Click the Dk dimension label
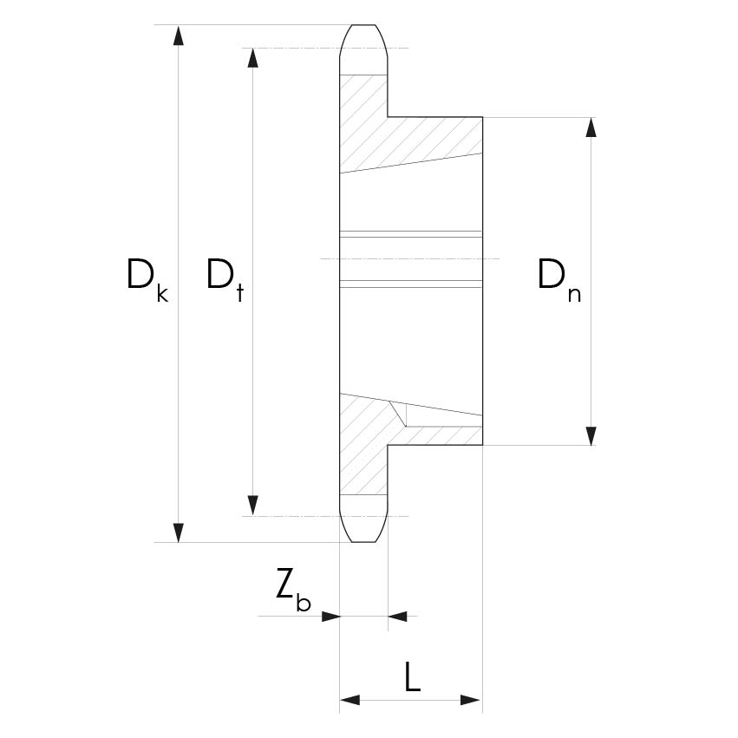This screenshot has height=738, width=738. tap(147, 280)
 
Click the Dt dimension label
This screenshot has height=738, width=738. tap(225, 280)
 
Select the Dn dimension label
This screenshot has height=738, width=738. tap(559, 280)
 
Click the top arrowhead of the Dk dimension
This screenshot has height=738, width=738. tap(178, 36)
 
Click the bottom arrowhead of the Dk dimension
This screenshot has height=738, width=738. tap(178, 532)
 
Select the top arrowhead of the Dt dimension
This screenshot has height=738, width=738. tap(253, 58)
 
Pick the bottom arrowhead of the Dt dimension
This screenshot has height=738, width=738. tap(253, 506)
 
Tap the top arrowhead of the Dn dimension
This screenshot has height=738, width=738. tap(591, 127)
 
